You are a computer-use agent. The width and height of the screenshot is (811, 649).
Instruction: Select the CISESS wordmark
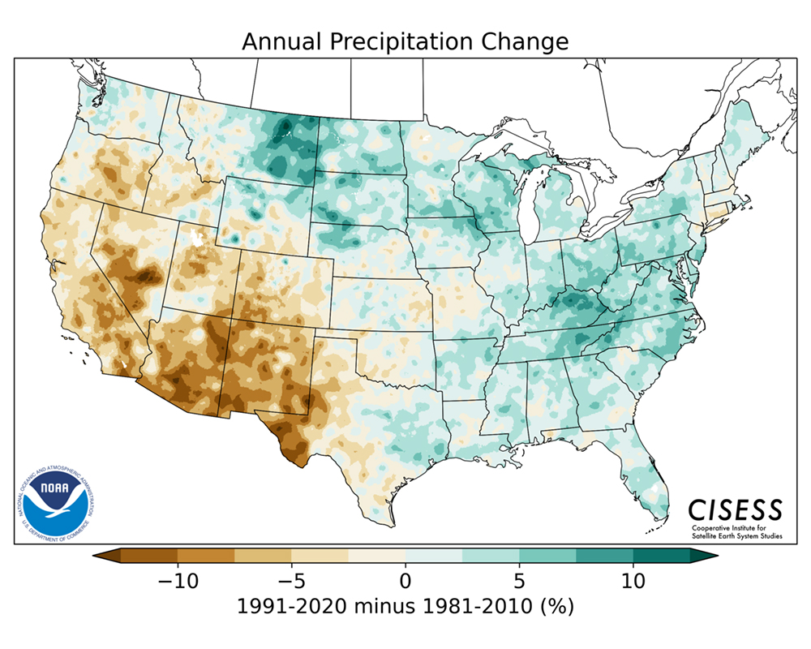(x=736, y=509)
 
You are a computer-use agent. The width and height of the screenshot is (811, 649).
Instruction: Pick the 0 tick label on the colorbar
(x=405, y=581)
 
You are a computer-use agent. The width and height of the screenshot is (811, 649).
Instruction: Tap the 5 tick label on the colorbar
(x=519, y=581)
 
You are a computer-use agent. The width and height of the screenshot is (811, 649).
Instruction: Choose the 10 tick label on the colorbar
(x=633, y=581)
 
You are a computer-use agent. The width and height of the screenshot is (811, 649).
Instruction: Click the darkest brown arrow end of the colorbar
(x=101, y=556)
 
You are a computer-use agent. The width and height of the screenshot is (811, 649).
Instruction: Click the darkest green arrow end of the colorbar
(x=710, y=556)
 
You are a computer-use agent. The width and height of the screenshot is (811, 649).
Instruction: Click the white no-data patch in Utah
(x=195, y=237)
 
